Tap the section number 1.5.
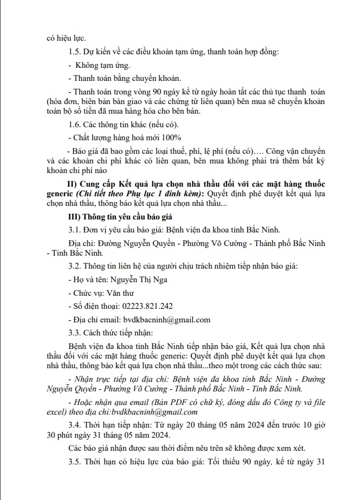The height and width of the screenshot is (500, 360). (x=73, y=53)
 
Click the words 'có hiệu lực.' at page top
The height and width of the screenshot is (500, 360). (x=66, y=38)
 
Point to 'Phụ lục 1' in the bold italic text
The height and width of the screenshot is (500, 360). (x=138, y=194)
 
